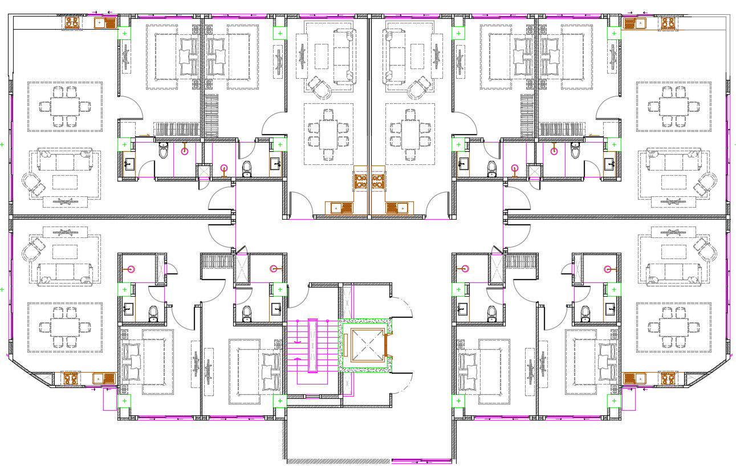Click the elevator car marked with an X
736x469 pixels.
click(x=365, y=345)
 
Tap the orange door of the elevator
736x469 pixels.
click(x=387, y=345)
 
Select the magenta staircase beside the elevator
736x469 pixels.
click(x=312, y=345)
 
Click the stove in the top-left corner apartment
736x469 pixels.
click(x=72, y=22)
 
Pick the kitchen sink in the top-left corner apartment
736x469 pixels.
click(x=105, y=23)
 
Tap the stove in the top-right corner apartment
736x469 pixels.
click(x=668, y=23)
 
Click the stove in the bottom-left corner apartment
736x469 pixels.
click(x=70, y=378)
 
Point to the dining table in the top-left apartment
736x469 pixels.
click(x=64, y=106)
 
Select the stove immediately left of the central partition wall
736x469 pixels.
click(x=360, y=181)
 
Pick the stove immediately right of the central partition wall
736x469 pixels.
click(x=377, y=181)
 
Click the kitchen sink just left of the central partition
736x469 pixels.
click(x=338, y=208)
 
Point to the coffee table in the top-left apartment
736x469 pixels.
click(x=65, y=182)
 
